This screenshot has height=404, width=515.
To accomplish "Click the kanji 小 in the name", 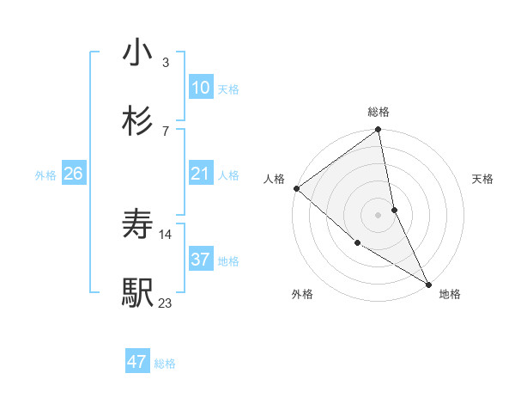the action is (x=137, y=52).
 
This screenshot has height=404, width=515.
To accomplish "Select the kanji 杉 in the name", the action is (x=137, y=120).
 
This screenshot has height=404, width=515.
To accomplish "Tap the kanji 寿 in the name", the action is (x=137, y=225).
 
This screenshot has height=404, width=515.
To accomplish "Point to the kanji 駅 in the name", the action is (x=137, y=292).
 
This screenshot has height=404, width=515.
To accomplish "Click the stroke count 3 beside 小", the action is (x=166, y=62).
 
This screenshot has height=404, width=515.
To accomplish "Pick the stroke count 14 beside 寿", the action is (x=166, y=234).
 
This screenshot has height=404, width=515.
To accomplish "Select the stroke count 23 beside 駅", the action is (x=166, y=302).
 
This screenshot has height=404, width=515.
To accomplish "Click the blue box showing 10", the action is (x=200, y=88).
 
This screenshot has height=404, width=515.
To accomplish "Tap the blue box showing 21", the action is (x=200, y=174).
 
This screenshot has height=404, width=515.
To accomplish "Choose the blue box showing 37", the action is (x=200, y=259).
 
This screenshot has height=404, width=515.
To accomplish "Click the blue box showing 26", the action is (x=73, y=174).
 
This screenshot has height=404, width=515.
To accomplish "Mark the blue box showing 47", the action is (x=137, y=362).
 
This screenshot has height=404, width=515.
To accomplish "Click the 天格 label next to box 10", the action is (x=228, y=89).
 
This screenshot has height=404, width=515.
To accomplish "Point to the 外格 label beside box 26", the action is (x=45, y=175).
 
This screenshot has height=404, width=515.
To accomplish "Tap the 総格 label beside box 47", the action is (x=165, y=364).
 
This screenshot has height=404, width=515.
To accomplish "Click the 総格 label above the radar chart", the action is (x=379, y=112).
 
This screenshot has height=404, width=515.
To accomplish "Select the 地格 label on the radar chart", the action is (x=450, y=295).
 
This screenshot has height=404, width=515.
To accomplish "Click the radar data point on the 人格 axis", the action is (x=296, y=188).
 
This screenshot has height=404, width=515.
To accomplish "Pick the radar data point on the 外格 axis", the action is (x=357, y=243).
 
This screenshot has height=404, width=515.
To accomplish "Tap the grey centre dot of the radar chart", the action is (x=379, y=215).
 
